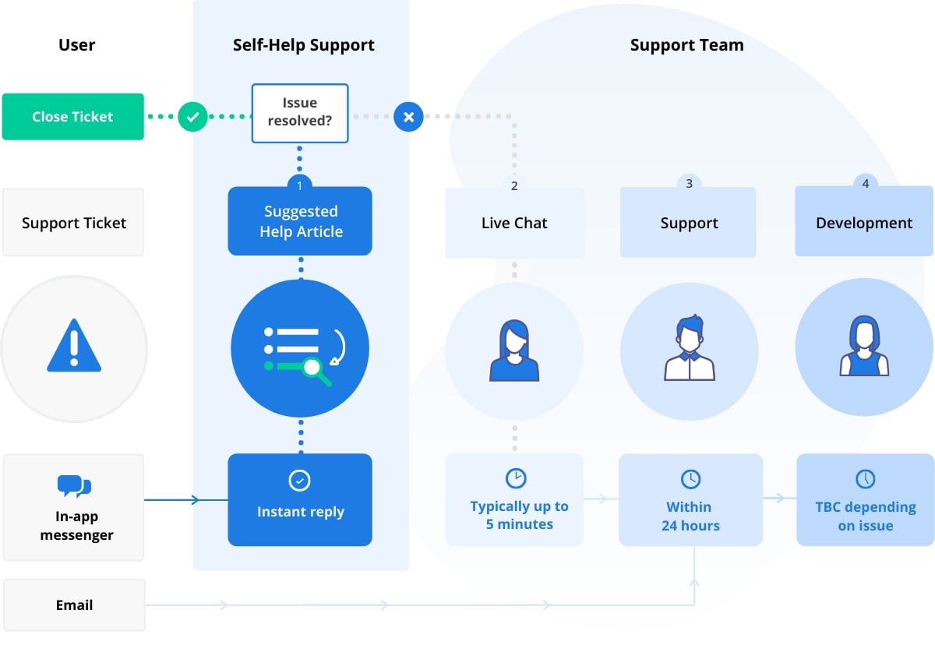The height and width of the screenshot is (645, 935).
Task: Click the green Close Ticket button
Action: point(72,117)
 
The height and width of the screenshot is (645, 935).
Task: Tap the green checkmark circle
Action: point(192,117)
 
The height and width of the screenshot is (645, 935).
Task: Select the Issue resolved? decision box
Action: point(299,114)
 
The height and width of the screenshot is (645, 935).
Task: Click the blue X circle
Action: point(408,117)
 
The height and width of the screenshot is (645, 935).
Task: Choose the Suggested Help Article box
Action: point(300,221)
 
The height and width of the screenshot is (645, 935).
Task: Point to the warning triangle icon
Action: point(74,345)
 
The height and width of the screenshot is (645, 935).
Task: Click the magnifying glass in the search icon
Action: point(316,368)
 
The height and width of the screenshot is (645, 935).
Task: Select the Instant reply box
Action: point(300,499)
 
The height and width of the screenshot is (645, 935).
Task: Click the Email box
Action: point(74,605)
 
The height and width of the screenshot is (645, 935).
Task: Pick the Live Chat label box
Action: point(514,223)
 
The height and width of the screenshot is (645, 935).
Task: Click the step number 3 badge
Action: point(689,185)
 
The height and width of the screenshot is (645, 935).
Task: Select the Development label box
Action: point(864,223)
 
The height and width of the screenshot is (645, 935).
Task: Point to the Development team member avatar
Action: point(864,348)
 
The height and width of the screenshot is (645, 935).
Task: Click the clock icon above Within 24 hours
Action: point(690,478)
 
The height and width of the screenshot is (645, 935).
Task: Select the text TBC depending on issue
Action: point(865,516)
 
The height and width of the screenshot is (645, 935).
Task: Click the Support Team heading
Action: point(686,45)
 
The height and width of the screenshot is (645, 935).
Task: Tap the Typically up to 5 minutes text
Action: point(519,515)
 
